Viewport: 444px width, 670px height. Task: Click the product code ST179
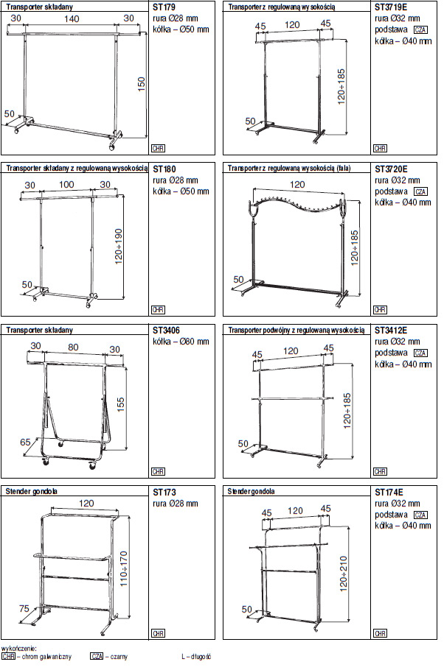[164, 7]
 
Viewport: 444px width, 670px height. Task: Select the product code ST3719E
[391, 7]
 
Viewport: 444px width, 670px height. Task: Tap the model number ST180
[164, 169]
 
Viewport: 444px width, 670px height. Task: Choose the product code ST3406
[166, 331]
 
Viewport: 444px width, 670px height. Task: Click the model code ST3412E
[391, 331]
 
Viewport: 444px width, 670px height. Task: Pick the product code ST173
[164, 493]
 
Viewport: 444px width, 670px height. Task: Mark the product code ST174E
[389, 493]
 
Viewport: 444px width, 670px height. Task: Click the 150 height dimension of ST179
[141, 84]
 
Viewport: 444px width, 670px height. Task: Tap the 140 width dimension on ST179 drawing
[72, 19]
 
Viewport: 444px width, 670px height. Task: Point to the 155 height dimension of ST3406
[121, 404]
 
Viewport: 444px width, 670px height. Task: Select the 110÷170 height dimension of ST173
[124, 568]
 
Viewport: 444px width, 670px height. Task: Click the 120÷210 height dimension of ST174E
[344, 574]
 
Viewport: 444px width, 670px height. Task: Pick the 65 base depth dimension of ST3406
[25, 442]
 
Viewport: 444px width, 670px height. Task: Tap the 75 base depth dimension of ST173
[24, 608]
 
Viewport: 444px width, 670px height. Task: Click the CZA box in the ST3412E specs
[420, 353]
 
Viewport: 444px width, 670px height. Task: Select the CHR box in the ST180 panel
[159, 310]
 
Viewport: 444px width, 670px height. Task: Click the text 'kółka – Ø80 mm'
[181, 342]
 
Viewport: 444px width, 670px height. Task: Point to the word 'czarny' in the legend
[119, 656]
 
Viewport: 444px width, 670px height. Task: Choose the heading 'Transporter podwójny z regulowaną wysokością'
[296, 331]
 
